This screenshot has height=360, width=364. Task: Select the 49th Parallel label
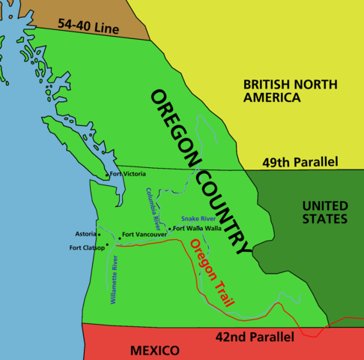point(300,162)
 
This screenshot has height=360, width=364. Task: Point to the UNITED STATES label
point(324,212)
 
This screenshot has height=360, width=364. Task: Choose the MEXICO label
point(154,350)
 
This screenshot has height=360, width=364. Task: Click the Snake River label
point(199,218)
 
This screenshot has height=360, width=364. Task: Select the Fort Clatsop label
point(86,247)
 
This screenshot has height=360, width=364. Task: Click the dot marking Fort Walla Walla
point(171,229)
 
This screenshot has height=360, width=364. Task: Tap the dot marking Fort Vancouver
point(120,238)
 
